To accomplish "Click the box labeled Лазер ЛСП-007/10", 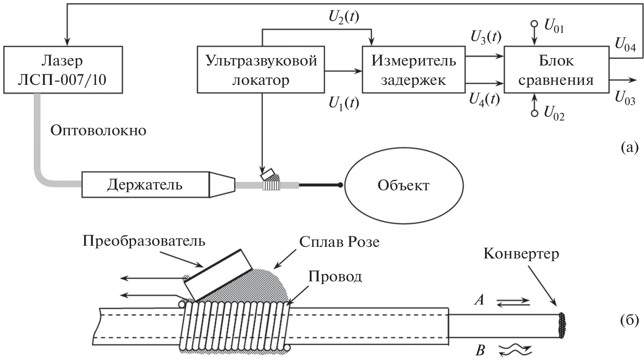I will pos(63,70).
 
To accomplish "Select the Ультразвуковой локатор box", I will pos(261,70).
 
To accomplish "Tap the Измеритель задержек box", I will pos(413,70).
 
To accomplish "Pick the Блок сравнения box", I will pos(556,70).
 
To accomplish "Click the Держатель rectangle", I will pos(145,184).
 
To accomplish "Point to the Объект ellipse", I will pos(404,185).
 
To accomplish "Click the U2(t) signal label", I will pos(344,18).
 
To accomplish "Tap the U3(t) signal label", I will pos(485,38).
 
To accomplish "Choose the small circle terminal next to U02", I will pos(534,113).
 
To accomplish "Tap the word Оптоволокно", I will pos(98,131).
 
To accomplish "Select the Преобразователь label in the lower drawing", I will pos(144,241).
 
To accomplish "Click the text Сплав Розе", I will pos(339,241).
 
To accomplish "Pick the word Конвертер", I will pos(521,253).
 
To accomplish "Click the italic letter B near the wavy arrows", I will pos(480,351).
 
